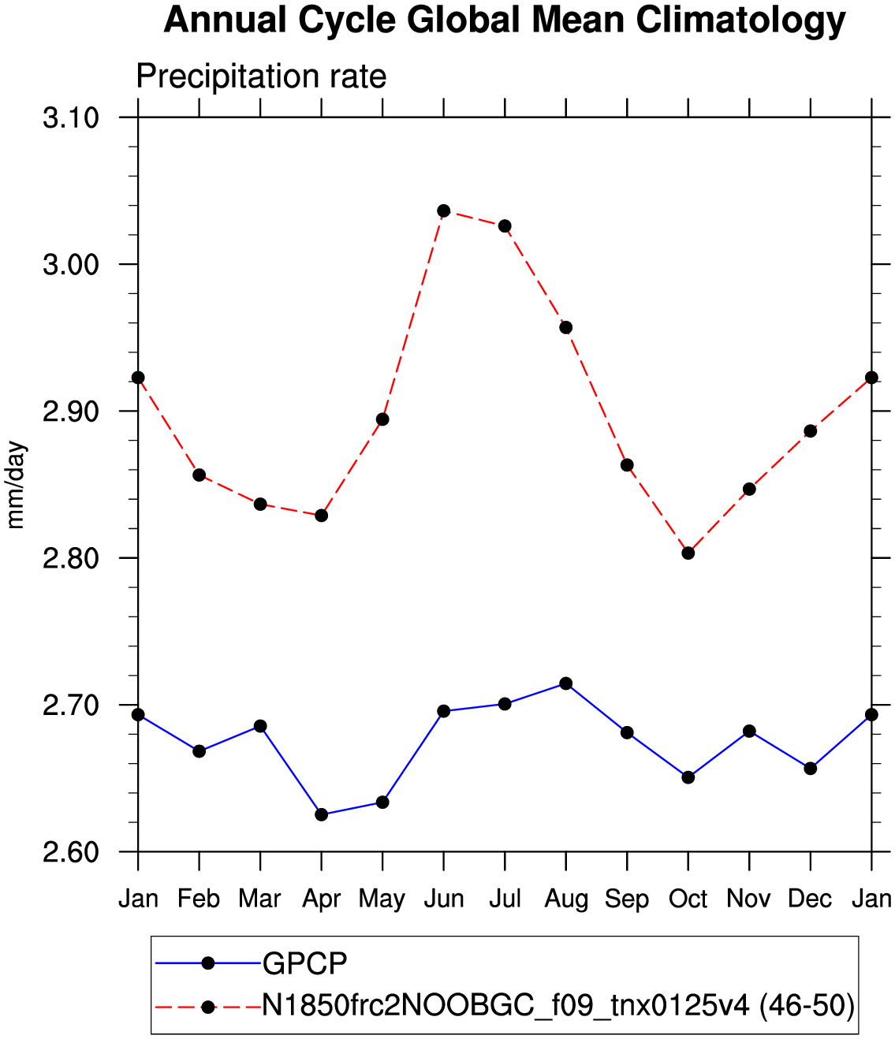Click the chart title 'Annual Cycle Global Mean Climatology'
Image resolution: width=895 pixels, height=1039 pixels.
pyautogui.click(x=505, y=20)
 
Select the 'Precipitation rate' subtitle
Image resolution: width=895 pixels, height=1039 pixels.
pyautogui.click(x=261, y=76)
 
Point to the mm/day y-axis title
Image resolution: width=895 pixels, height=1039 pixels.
pyautogui.click(x=15, y=485)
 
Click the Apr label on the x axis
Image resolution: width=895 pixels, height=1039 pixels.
pyautogui.click(x=321, y=898)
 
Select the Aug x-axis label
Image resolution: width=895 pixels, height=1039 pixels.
pyautogui.click(x=566, y=898)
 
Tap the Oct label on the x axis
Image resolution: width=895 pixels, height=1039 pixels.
pyautogui.click(x=688, y=898)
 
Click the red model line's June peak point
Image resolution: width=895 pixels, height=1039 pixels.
pyautogui.click(x=443, y=210)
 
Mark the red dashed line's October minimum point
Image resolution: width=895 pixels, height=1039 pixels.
pyautogui.click(x=688, y=553)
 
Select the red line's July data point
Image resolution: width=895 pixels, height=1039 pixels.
pyautogui.click(x=505, y=226)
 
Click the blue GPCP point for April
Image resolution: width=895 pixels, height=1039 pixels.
pyautogui.click(x=321, y=814)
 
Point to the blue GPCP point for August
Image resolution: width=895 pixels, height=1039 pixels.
pyautogui.click(x=565, y=683)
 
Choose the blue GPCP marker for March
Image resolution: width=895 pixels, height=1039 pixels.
pyautogui.click(x=260, y=726)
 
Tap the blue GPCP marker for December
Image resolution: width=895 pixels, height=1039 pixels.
pyautogui.click(x=811, y=768)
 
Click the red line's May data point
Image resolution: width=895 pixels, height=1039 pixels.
pyautogui.click(x=382, y=419)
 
